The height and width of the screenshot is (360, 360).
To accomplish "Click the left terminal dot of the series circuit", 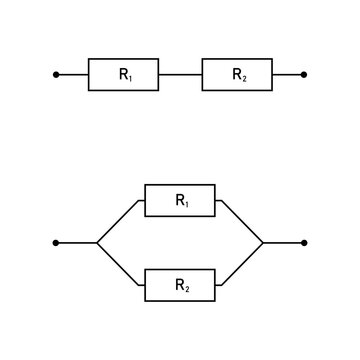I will [x=56, y=75].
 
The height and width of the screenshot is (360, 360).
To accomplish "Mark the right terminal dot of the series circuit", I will [x=304, y=75].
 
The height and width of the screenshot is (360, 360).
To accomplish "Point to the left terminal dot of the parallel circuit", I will [x=56, y=243].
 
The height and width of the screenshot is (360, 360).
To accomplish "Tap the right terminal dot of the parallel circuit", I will [x=304, y=243].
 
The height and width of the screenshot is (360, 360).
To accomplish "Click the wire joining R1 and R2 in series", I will [x=180, y=75].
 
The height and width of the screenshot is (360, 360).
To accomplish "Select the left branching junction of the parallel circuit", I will [x=97, y=243].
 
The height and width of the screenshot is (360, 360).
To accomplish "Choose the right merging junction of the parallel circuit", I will [x=263, y=243].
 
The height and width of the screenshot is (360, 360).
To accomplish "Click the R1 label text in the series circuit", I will [x=124, y=75].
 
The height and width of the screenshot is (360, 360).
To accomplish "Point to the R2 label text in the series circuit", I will [x=238, y=75].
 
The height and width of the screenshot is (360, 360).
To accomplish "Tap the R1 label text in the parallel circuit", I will [x=181, y=200].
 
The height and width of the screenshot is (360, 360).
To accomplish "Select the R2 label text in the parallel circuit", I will [x=181, y=285].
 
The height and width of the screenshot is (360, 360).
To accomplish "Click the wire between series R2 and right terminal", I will [x=287, y=75].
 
